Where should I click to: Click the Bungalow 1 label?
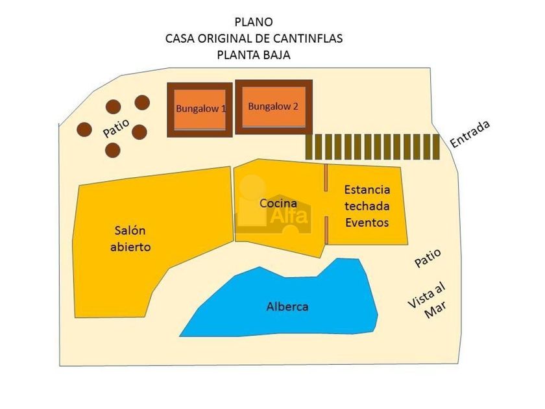201,108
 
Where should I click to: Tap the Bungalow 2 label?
273,106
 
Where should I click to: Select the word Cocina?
278,203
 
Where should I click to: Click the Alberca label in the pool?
287,306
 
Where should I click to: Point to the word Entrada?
470,134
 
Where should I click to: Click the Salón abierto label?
130,239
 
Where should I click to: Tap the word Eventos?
367,222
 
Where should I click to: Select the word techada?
367,206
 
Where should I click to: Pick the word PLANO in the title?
254,22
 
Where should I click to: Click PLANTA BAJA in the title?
254,55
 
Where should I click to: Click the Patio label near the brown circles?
116,128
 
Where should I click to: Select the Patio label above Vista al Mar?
428,258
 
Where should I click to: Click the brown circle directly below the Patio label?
113,150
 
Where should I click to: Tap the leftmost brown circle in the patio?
84,130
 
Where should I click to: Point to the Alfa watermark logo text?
289,216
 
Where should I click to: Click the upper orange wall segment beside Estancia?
326,178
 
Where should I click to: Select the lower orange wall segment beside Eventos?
326,230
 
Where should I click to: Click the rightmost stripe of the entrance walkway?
437,147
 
